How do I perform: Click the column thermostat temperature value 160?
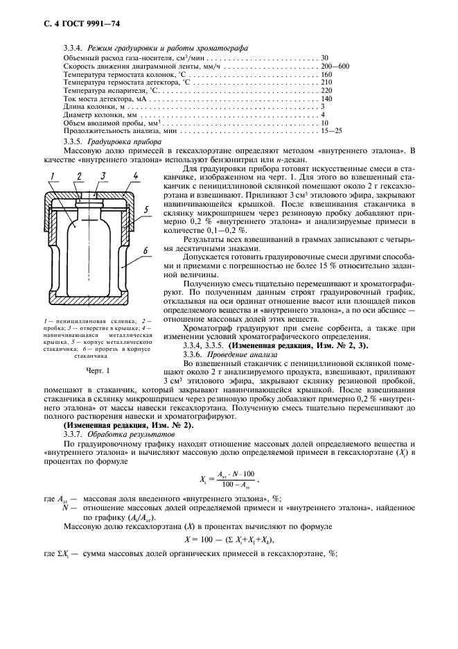[327, 73]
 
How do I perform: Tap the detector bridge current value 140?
[327, 98]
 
